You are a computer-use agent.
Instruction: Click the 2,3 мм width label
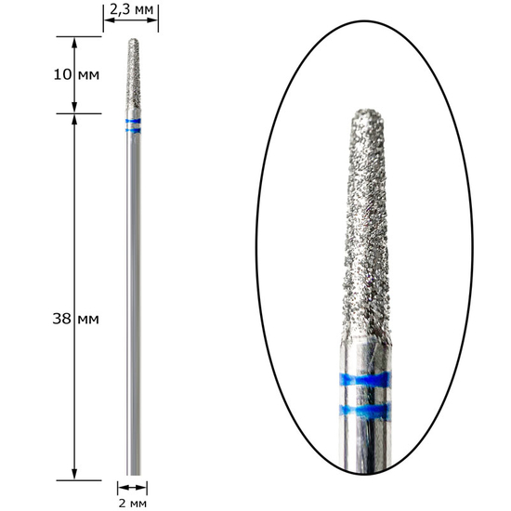tap(131, 10)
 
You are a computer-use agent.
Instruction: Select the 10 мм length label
tap(76, 75)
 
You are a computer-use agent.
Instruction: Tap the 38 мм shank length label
tap(75, 319)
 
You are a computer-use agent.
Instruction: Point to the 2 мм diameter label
tap(132, 504)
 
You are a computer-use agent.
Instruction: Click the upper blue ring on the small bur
tap(133, 121)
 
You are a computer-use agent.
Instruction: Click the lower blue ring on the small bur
tap(133, 131)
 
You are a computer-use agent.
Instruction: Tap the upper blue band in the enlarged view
tap(365, 380)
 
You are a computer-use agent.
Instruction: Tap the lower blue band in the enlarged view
tap(365, 411)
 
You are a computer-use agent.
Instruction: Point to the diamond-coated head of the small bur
tap(133, 74)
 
